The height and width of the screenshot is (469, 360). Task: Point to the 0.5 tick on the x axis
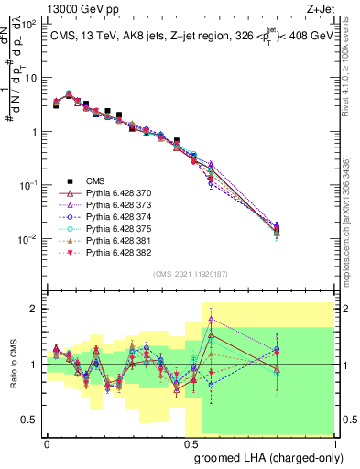(x=191, y=442)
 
